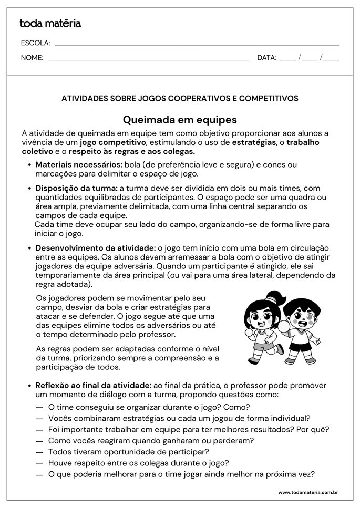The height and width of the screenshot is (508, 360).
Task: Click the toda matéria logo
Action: tap(50, 24)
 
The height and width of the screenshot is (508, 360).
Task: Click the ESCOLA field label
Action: tap(35, 43)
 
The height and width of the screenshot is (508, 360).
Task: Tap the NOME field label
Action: tap(32, 58)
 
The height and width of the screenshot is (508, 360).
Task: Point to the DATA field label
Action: tap(266, 58)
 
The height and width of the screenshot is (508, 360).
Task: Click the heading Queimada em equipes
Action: tap(180, 120)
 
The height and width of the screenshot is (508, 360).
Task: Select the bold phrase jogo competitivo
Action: tap(112, 142)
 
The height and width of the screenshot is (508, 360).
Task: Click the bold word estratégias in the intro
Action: tap(254, 142)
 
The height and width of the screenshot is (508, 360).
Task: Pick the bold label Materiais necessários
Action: tap(78, 164)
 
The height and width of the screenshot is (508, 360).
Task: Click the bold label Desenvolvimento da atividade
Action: tap(95, 247)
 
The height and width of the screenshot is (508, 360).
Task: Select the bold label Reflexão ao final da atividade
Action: tap(93, 385)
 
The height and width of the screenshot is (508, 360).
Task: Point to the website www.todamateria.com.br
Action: tap(307, 492)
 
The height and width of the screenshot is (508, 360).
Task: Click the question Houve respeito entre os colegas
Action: tap(138, 463)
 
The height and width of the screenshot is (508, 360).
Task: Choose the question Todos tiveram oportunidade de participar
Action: tap(128, 451)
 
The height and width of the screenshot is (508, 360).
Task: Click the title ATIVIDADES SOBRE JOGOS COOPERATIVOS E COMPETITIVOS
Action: tap(180, 98)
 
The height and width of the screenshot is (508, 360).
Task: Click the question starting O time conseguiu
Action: tap(149, 407)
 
